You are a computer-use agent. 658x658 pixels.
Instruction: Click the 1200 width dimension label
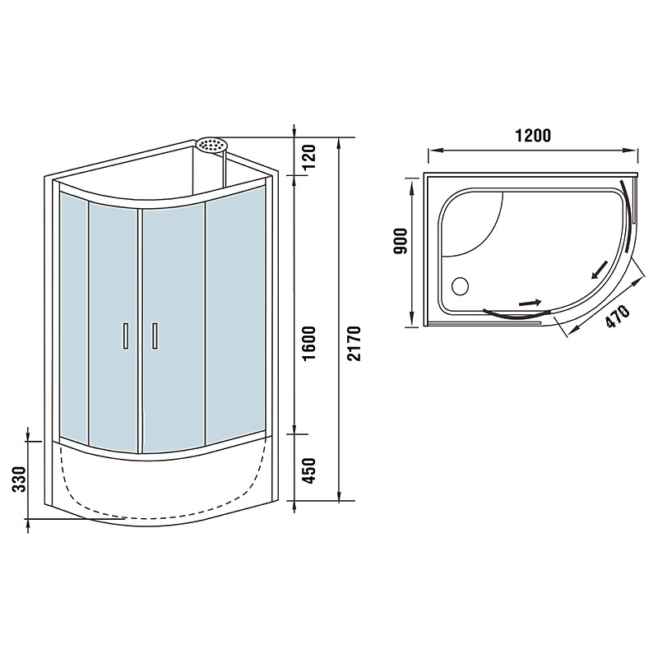[532, 136]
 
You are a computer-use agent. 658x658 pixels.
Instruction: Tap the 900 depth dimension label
[401, 240]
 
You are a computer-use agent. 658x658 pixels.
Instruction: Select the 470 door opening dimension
[617, 316]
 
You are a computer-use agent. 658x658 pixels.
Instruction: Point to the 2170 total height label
[354, 343]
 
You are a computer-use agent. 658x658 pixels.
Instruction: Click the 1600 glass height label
[309, 343]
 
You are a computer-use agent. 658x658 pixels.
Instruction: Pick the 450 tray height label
[309, 470]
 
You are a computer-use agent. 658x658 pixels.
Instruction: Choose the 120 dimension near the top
[309, 156]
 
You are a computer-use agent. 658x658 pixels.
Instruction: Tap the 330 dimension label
[19, 479]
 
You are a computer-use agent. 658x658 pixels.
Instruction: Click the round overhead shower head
[211, 145]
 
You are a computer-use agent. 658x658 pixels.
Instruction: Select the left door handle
[125, 336]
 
